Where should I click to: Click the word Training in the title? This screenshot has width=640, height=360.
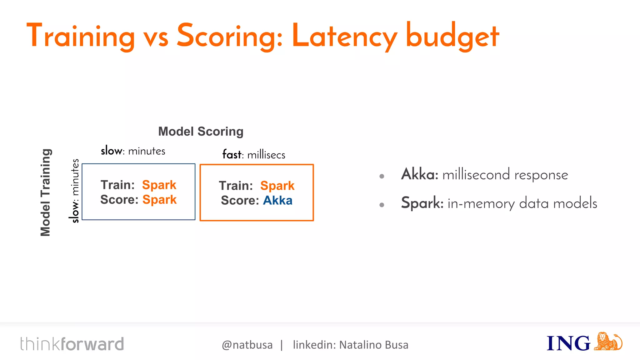(81, 37)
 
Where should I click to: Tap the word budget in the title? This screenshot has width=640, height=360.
(452, 37)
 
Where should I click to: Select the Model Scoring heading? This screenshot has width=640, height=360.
(201, 132)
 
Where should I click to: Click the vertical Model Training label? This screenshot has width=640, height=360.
(46, 192)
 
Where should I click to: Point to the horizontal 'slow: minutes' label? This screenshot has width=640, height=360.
(133, 151)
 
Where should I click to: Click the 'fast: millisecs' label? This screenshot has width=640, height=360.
(254, 155)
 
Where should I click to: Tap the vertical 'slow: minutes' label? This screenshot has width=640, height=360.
(75, 191)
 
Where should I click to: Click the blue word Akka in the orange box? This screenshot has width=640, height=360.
(277, 200)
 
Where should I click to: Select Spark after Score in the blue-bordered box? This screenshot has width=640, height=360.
(159, 200)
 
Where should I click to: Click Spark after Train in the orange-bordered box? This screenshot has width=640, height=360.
(277, 186)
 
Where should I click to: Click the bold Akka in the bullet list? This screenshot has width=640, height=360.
(419, 174)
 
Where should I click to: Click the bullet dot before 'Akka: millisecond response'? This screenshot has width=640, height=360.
(382, 176)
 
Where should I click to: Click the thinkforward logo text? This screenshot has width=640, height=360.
(72, 344)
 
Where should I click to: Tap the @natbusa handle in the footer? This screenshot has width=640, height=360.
(247, 345)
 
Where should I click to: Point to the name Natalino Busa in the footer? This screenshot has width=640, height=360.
(374, 345)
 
